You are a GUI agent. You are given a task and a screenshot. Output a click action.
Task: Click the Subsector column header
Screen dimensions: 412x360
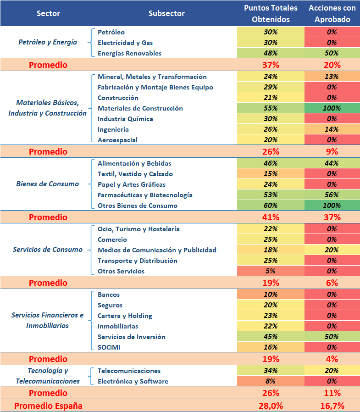tap(166, 14)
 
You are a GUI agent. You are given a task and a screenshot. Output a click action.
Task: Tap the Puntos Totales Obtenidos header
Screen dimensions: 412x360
tap(271, 14)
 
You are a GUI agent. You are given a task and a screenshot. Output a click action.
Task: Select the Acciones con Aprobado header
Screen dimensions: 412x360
tap(332, 14)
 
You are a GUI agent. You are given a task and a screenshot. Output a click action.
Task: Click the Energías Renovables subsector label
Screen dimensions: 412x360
tap(129, 53)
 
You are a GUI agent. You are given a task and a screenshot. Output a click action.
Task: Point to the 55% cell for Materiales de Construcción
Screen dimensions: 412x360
tap(271, 108)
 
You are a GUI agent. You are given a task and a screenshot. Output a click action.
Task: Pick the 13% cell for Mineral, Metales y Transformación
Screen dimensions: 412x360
tap(332, 77)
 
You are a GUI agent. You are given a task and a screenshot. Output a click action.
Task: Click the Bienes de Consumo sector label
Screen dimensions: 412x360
tap(47, 184)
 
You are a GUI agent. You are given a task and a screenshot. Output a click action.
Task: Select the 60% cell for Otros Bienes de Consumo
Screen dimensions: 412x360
tap(271, 206)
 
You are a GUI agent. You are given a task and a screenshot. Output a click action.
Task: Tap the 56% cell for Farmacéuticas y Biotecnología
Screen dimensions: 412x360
tap(332, 195)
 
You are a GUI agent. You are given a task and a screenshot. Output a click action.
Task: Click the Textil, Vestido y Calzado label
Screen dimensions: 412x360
tap(135, 174)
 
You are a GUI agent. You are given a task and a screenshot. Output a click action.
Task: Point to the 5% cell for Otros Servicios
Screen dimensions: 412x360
tap(271, 271)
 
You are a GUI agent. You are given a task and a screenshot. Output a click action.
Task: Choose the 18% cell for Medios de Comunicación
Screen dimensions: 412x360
tap(271, 250)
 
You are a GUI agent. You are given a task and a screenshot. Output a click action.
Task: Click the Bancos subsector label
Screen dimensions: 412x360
tap(109, 295)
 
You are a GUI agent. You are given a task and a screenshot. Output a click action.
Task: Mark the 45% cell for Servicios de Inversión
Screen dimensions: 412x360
tap(271, 337)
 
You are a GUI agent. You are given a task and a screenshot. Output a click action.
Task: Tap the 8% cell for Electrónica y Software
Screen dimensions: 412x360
tap(271, 381)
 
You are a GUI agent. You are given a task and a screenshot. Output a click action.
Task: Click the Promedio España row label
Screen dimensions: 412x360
tap(48, 406)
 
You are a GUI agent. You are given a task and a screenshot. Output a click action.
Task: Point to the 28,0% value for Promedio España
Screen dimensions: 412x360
tap(271, 406)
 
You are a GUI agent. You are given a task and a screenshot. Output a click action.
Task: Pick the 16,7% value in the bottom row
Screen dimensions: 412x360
tap(332, 406)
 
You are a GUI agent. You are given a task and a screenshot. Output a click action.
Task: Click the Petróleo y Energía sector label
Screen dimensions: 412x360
tap(47, 42)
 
